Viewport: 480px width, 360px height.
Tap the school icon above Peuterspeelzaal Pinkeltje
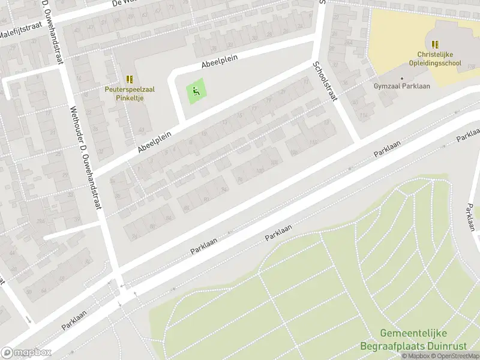(130, 79)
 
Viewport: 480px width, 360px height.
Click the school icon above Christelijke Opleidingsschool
(435, 44)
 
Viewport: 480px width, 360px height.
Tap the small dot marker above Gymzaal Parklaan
(402, 78)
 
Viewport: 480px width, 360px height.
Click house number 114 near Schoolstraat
(364, 115)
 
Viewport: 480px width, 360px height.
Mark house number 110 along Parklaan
(312, 142)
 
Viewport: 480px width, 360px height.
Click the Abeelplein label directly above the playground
(220, 62)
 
